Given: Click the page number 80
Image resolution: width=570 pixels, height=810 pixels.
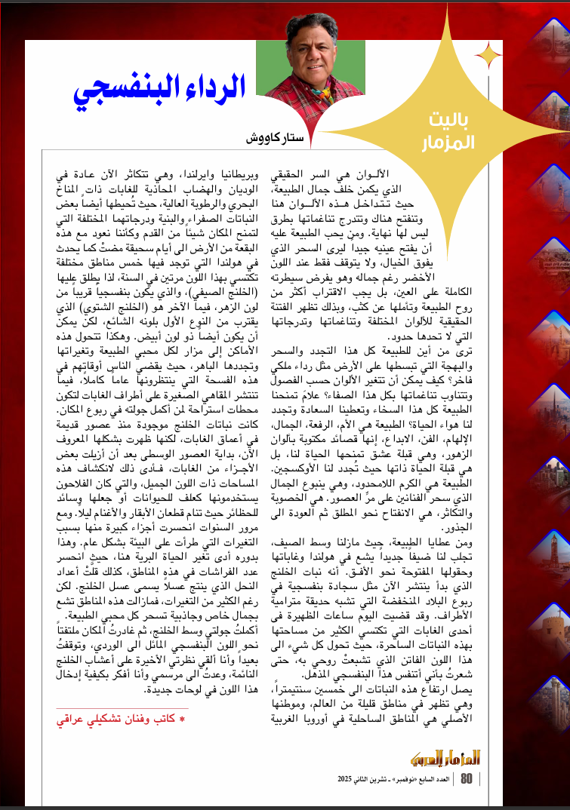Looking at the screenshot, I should click(x=467, y=778).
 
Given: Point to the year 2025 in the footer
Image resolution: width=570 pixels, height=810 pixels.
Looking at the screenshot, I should click(x=352, y=778).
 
